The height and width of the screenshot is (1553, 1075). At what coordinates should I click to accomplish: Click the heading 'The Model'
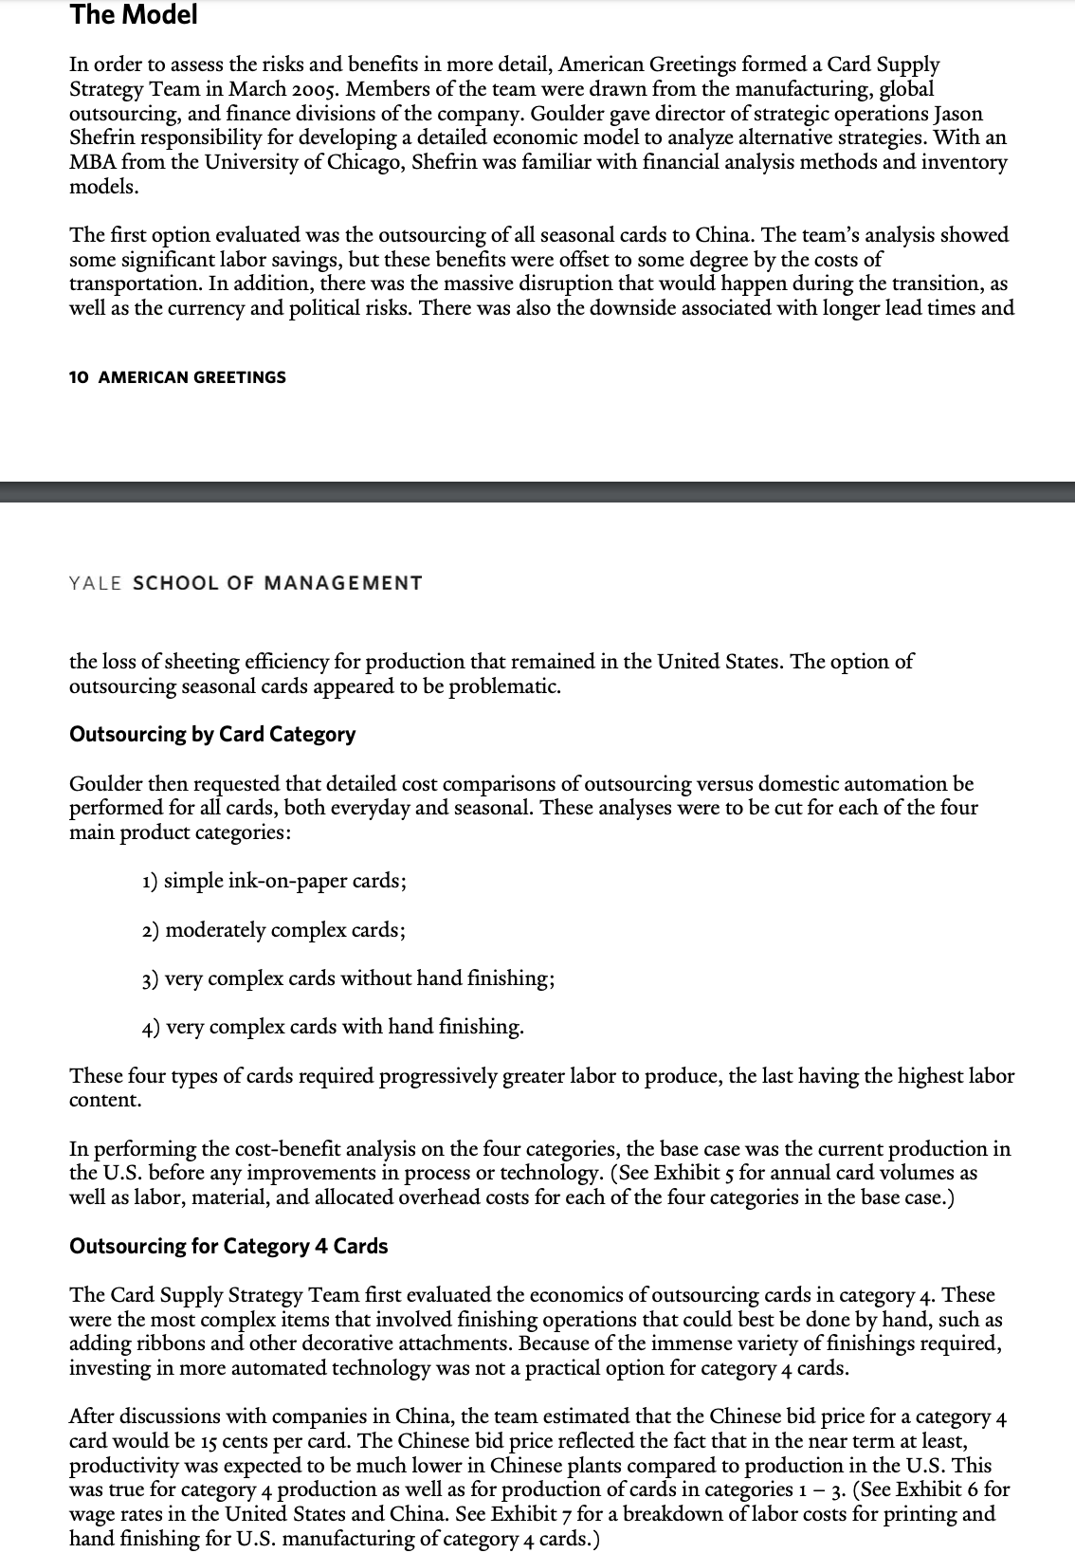coord(134,15)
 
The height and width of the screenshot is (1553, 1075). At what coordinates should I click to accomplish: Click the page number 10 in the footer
coord(79,377)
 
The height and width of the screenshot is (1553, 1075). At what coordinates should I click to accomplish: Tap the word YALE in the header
coord(96,583)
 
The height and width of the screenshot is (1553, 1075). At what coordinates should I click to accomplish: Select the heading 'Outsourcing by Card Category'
coord(212,734)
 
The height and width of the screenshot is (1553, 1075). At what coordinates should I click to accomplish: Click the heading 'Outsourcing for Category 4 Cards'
coord(228,1246)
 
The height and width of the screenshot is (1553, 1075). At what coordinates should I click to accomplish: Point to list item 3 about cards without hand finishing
coord(348,978)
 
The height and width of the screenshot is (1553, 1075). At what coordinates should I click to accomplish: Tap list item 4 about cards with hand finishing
coord(333,1027)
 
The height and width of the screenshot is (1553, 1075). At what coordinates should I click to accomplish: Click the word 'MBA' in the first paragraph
coord(93,162)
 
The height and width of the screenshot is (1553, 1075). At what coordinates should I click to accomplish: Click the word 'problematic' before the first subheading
coord(502,685)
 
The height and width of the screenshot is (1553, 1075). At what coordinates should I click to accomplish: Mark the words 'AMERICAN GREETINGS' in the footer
coord(191,377)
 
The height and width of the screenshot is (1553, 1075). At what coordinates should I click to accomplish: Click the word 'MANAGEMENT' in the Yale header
coord(342,583)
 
